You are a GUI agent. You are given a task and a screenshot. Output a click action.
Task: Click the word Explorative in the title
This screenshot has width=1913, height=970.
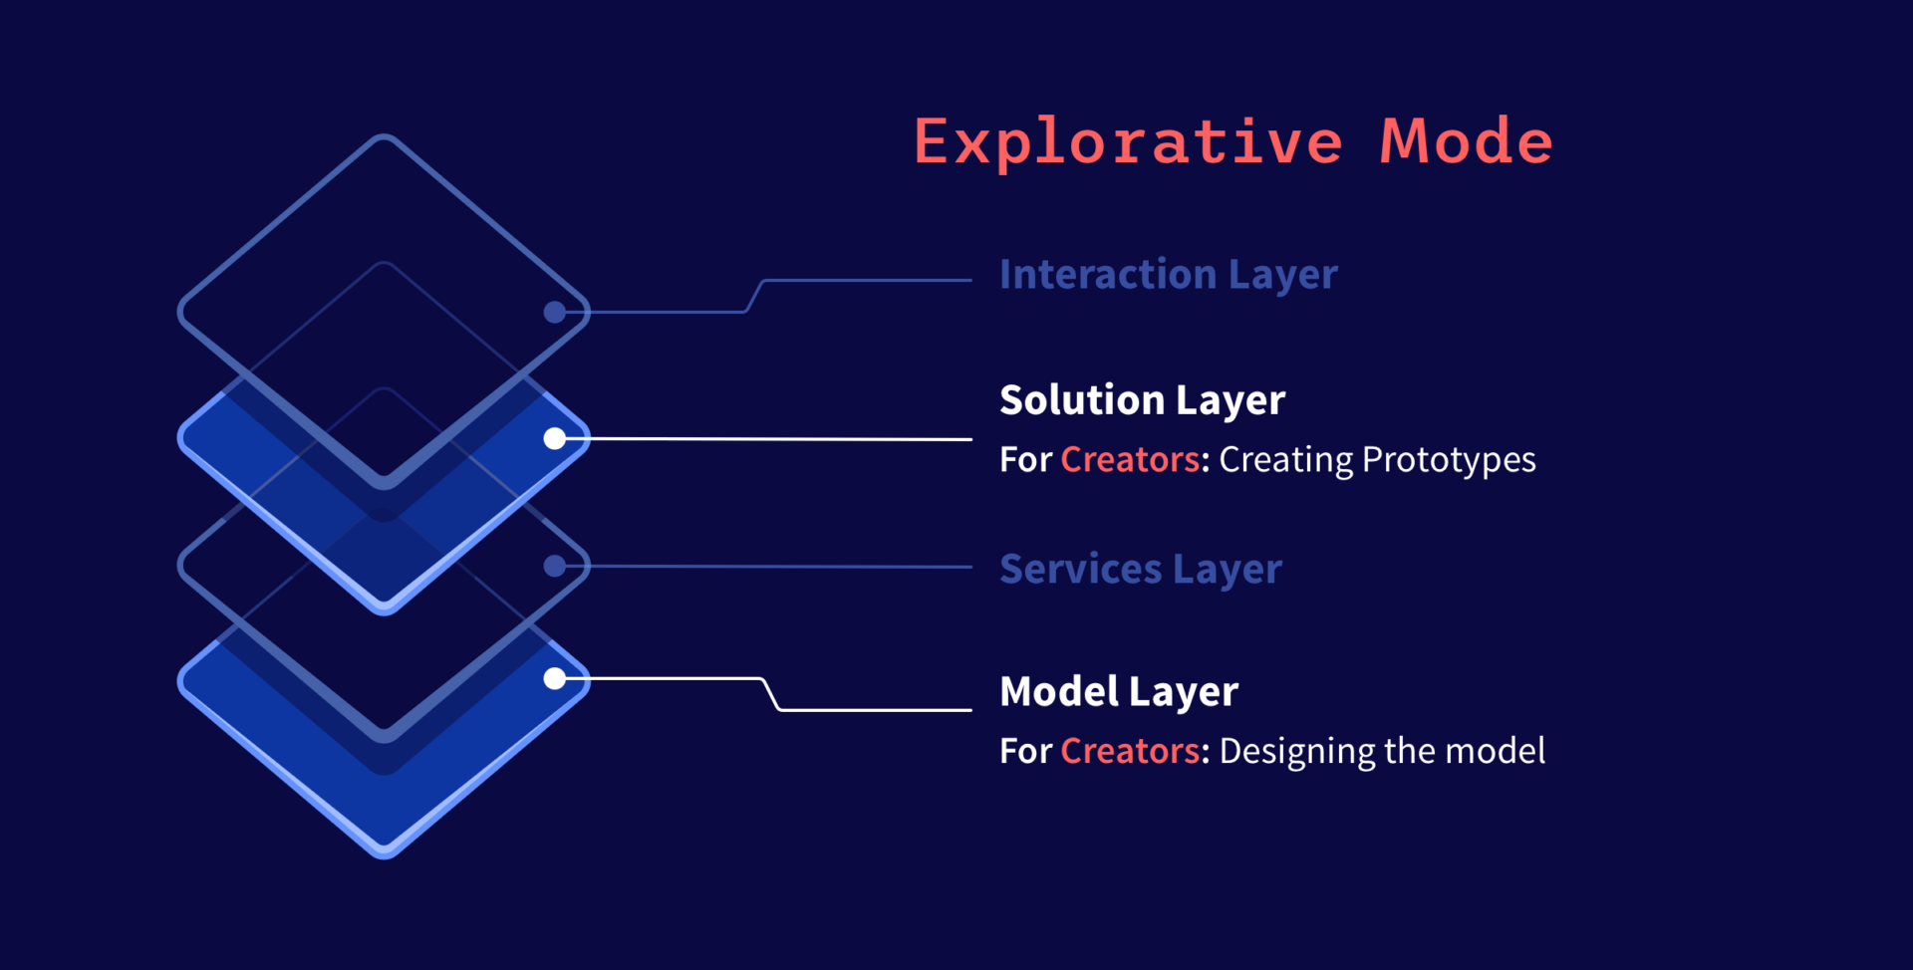(x=1128, y=142)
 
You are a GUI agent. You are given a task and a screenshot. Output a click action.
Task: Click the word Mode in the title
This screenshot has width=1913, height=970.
(x=1466, y=140)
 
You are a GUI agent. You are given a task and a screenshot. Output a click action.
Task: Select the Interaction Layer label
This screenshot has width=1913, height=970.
(x=1168, y=275)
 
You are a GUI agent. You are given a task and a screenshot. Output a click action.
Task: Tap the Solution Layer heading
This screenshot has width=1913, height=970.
(x=1142, y=400)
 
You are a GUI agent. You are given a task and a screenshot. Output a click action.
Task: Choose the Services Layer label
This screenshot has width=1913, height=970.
(x=1140, y=570)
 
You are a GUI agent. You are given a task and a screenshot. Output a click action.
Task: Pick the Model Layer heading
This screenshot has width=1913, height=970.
(x=1118, y=692)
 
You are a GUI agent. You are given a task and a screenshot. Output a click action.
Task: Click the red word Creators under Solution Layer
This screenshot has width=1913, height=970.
(x=1130, y=459)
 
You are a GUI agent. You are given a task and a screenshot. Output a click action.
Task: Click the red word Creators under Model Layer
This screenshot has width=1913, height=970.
(x=1130, y=751)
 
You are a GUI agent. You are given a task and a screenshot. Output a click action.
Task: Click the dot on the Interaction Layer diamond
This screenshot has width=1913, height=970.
(x=555, y=312)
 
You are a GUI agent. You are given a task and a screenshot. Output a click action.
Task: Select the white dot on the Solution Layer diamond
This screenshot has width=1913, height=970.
(x=555, y=438)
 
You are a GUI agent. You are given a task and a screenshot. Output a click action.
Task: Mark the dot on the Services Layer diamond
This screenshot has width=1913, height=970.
(x=555, y=566)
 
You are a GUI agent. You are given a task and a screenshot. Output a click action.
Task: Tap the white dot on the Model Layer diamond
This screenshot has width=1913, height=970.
(x=555, y=679)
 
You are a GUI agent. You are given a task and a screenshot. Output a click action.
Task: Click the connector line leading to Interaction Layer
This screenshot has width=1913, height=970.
(x=754, y=296)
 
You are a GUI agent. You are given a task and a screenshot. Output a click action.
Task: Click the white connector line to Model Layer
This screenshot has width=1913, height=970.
(x=770, y=694)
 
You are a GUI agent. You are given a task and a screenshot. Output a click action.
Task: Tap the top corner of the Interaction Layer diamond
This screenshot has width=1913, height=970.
(x=384, y=135)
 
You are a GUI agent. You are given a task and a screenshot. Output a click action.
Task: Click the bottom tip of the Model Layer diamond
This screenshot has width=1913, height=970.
(x=385, y=856)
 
